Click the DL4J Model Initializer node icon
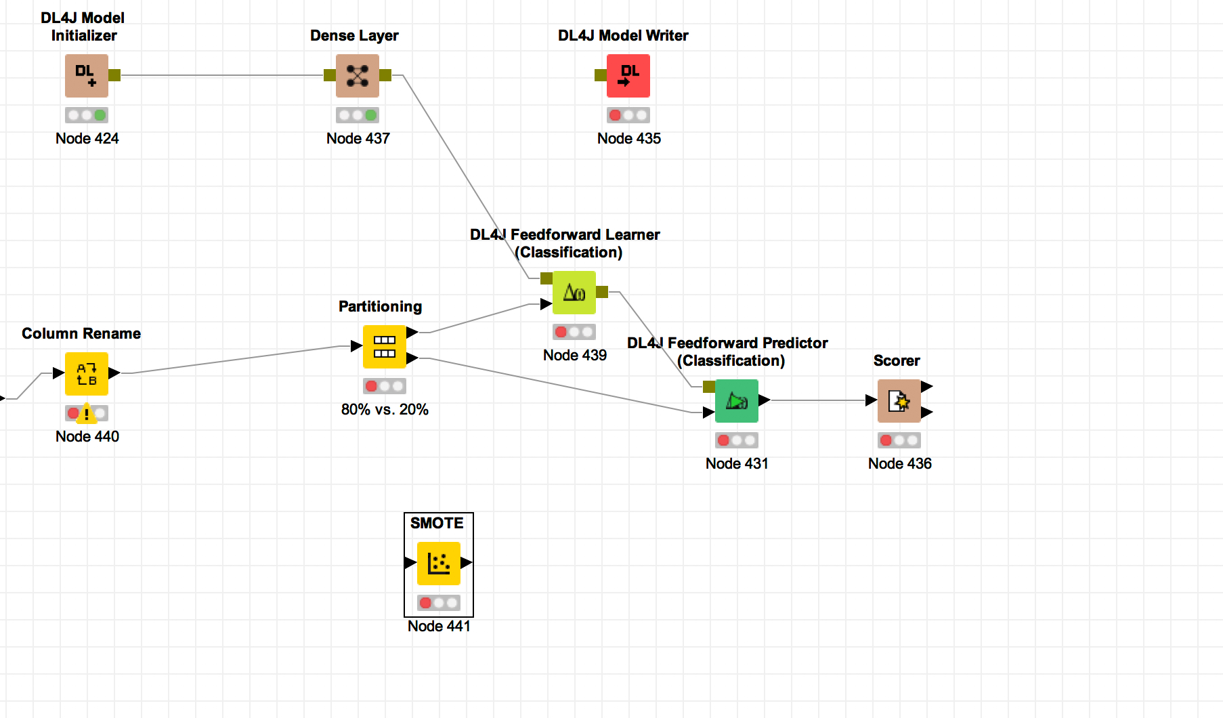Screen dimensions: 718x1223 87,76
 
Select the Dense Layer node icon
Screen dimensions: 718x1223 358,76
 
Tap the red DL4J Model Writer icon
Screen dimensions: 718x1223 628,76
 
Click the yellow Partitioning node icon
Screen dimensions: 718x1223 385,347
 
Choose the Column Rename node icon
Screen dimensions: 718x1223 87,374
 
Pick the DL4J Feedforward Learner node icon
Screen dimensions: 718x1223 574,293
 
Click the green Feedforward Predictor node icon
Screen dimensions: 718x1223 737,401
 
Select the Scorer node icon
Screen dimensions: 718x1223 899,401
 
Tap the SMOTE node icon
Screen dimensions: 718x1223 439,564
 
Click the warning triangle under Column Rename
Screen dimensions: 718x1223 87,413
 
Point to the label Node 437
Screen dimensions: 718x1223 358,138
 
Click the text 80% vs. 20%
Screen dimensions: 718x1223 385,409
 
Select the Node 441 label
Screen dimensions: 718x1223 439,626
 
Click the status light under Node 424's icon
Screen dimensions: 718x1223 87,115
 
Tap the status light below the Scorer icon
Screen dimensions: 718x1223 899,440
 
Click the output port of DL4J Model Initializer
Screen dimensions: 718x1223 114,75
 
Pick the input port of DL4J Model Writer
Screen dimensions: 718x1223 601,75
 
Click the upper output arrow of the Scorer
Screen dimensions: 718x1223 927,387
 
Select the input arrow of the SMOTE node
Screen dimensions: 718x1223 410,562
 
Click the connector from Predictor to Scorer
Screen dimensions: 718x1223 819,400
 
